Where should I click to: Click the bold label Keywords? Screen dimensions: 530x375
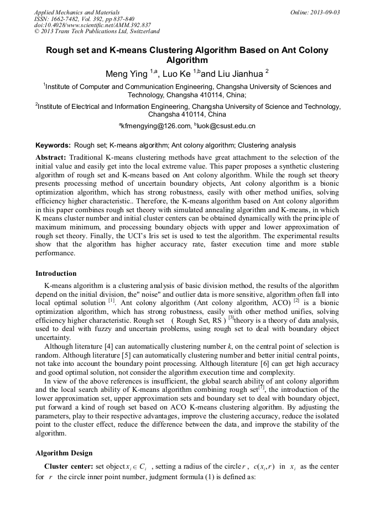(x=53, y=146)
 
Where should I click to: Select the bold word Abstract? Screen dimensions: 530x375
(x=51, y=158)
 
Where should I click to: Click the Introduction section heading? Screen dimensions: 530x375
(x=56, y=273)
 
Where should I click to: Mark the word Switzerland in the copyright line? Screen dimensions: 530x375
(x=142, y=32)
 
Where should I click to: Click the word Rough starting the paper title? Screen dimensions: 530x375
(x=60, y=50)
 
